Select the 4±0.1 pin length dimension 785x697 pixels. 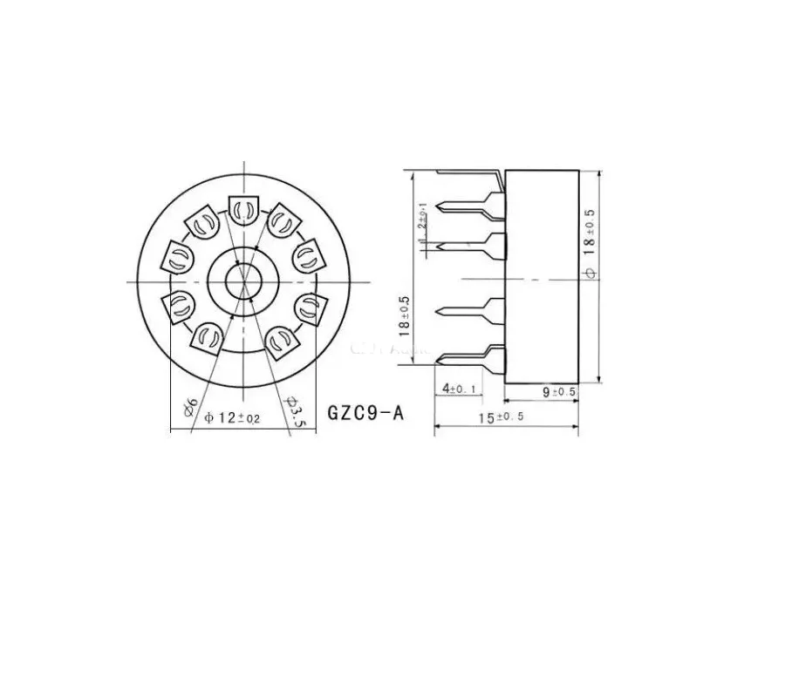460,389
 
